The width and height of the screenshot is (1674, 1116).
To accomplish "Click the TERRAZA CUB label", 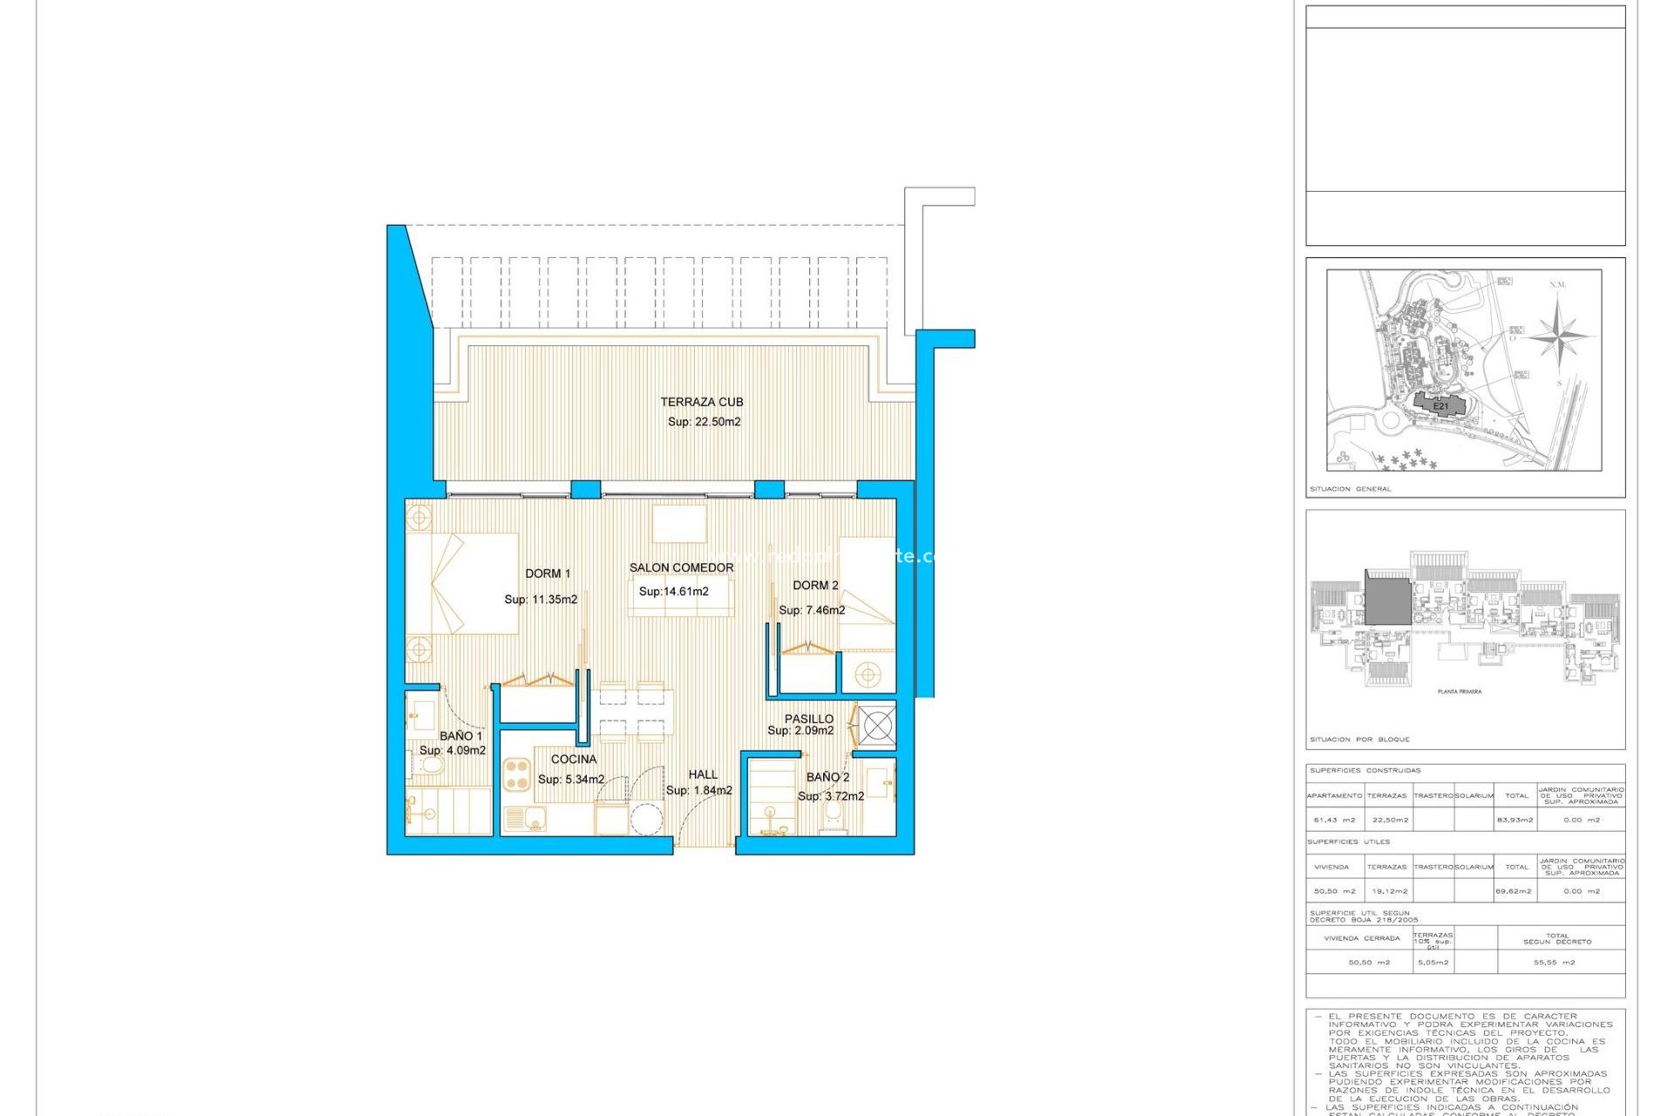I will click(701, 402).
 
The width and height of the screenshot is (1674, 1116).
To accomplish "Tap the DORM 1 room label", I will click(548, 574).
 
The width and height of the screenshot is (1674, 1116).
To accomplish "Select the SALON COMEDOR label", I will click(681, 568).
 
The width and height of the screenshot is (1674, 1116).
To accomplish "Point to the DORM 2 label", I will click(815, 585).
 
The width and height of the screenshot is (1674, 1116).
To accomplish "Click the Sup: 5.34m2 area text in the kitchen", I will click(571, 779).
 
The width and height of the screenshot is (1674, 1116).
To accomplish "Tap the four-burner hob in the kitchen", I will click(517, 774).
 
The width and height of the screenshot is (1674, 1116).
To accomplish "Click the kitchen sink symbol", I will click(524, 819).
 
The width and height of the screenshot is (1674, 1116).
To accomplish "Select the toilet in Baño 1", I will click(430, 766).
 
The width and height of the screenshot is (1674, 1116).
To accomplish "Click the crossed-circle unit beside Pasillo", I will click(876, 725).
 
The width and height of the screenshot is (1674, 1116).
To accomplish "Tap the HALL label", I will click(703, 774).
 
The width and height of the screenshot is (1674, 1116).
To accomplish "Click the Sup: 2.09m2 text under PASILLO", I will click(800, 731).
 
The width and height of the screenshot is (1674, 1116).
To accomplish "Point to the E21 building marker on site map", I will click(1441, 406).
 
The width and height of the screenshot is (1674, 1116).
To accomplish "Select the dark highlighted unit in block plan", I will click(1387, 599).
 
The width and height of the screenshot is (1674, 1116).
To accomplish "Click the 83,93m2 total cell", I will click(1516, 820).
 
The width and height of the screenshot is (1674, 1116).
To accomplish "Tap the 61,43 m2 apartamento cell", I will click(1334, 820).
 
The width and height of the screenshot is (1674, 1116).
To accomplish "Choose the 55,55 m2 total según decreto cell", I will click(1554, 963).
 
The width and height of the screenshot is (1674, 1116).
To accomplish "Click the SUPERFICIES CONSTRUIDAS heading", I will click(1364, 771).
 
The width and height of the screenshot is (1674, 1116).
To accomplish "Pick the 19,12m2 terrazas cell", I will click(1390, 891).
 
